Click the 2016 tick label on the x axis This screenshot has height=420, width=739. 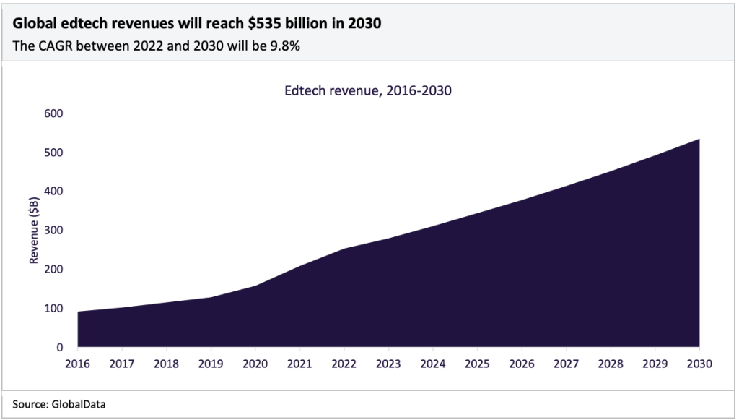tap(77, 363)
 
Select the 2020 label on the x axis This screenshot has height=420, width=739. tap(255, 363)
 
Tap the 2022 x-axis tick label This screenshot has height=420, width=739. tap(344, 363)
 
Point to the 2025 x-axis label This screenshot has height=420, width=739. tap(477, 363)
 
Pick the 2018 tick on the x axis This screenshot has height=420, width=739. tap(166, 363)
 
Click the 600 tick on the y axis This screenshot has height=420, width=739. tap(56, 113)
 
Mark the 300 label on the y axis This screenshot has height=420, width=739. tap(56, 231)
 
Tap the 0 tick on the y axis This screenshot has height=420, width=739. tap(61, 347)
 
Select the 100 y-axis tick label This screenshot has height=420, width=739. tap(56, 309)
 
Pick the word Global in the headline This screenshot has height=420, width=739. tap(33, 24)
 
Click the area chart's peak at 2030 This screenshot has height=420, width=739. tap(699, 140)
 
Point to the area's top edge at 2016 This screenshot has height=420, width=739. tap(78, 312)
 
